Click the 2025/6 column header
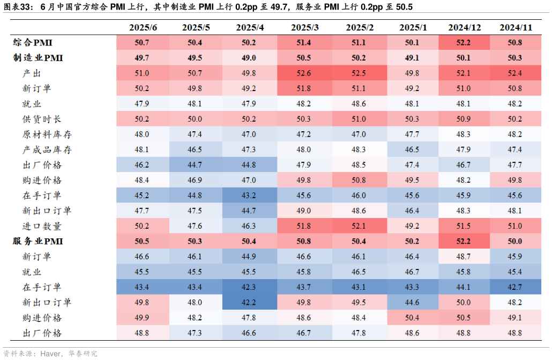coord(143,27)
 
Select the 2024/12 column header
coord(465,27)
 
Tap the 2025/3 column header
coord(304,27)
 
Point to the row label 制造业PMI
coord(38,58)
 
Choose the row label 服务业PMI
coord(38,241)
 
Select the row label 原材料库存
coord(47,134)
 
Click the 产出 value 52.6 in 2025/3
coord(304,73)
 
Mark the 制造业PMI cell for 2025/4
coord(250,58)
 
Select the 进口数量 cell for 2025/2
coord(359,226)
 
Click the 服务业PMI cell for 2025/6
coord(142,241)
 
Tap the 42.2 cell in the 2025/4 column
coord(250,302)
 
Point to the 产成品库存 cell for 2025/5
coord(196,149)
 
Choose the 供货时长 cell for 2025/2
coord(359,119)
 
